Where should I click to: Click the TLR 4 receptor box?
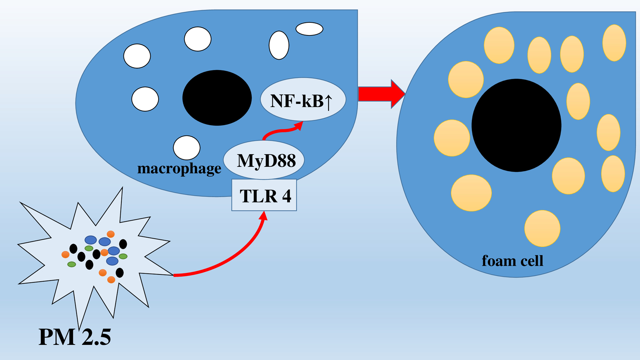tap(264, 195)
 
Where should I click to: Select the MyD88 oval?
tap(264, 160)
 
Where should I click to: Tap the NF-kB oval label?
tap(303, 99)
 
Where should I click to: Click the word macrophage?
tap(179, 168)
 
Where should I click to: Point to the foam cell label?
tap(513, 261)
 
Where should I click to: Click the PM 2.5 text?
tap(75, 337)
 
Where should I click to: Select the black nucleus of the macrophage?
tap(217, 98)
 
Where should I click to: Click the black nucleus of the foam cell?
tap(516, 125)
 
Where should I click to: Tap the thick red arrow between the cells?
tap(381, 94)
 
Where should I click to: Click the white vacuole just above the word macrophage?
tap(187, 148)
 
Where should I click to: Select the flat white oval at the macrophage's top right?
tap(310, 29)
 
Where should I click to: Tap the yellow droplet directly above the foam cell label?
tap(542, 229)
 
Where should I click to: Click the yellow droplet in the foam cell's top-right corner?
tap(614, 43)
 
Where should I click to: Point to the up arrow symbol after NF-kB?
tap(328, 101)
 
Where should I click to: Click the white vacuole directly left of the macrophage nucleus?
tap(145, 99)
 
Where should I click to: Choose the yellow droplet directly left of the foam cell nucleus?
tap(452, 138)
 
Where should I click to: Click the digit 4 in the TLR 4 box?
tap(286, 196)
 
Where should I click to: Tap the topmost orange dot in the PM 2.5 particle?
tap(111, 234)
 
